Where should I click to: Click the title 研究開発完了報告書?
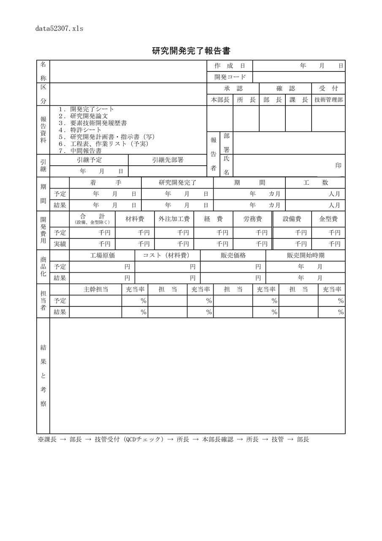pyautogui.click(x=191, y=51)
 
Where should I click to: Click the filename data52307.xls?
pyautogui.click(x=60, y=29)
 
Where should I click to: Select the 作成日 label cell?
pyautogui.click(x=230, y=66)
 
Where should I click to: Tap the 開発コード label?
pyautogui.click(x=230, y=77)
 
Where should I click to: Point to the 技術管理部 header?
pyautogui.click(x=328, y=100)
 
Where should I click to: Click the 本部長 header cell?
pyautogui.click(x=220, y=100)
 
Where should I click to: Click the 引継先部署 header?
pyautogui.click(x=168, y=160)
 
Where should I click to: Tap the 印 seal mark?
pyautogui.click(x=339, y=166)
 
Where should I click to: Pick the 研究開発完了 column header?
pyautogui.click(x=177, y=183)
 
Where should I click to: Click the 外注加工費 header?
pyautogui.click(x=174, y=219)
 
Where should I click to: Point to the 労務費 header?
pyautogui.click(x=253, y=219)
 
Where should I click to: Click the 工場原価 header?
pyautogui.click(x=102, y=256)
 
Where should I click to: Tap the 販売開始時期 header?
pyautogui.click(x=306, y=256)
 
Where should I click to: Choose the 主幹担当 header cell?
pyautogui.click(x=96, y=290)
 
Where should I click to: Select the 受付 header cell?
pyautogui.click(x=328, y=89)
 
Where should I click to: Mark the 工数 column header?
pyautogui.click(x=316, y=183)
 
